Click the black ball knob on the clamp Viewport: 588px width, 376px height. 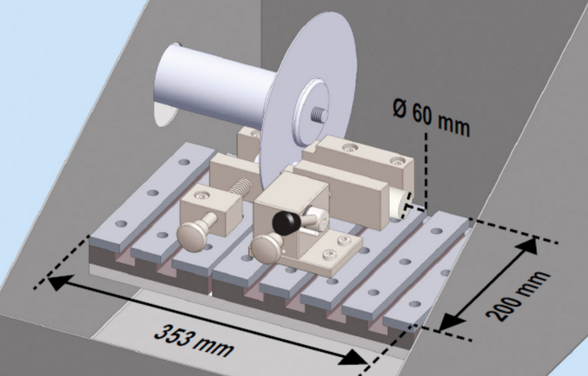click(x=284, y=221)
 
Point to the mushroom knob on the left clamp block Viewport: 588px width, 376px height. click(x=197, y=233)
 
